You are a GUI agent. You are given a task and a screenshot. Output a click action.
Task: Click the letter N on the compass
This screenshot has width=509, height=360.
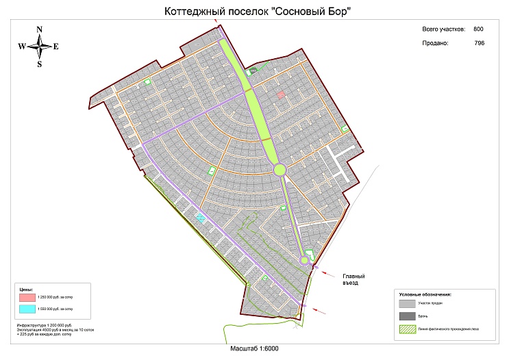(40, 29)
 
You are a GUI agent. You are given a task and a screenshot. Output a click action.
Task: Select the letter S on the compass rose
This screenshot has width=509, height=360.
(40, 64)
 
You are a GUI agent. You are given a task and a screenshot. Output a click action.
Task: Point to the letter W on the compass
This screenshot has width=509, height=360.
(22, 47)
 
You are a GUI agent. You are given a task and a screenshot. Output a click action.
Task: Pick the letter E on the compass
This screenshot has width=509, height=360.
(56, 47)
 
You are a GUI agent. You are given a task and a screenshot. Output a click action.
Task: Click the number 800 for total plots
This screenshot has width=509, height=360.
(478, 29)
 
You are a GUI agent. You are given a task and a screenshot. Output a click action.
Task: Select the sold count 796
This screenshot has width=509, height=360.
(479, 43)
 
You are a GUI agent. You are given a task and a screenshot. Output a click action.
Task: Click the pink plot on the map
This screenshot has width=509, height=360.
(281, 95)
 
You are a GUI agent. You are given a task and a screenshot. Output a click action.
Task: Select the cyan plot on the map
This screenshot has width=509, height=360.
(201, 217)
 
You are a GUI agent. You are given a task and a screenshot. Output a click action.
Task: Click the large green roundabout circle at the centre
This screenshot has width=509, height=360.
(280, 170)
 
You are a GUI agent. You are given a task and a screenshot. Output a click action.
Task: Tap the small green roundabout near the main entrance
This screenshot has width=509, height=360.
(304, 259)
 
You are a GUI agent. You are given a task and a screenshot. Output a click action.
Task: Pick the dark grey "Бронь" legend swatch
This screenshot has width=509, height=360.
(407, 316)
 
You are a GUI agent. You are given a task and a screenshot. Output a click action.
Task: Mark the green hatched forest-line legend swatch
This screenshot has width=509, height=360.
(407, 329)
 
